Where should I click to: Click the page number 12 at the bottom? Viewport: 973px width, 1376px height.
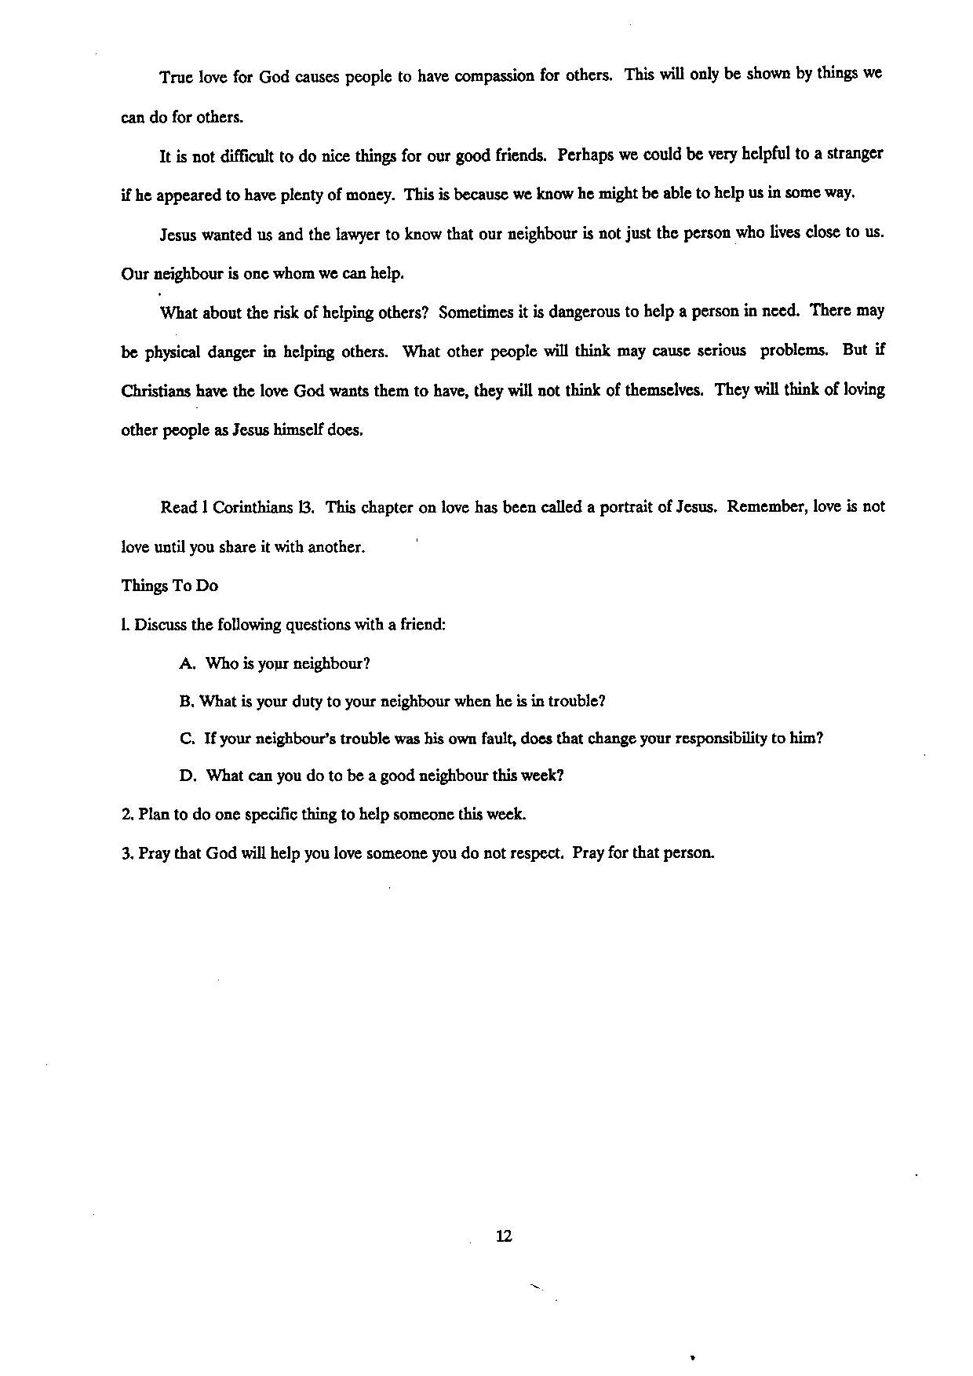pos(504,1236)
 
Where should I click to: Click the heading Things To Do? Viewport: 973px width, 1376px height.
pos(169,586)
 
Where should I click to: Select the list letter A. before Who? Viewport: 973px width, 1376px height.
pos(188,663)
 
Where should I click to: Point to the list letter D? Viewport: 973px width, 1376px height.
pos(188,776)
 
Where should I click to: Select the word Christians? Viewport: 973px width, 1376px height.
pos(157,390)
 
